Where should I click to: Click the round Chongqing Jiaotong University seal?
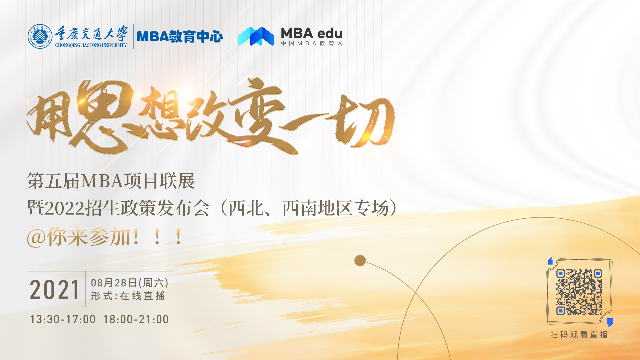click(40, 36)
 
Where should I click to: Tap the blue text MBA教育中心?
click(180, 37)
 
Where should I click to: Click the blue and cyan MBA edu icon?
click(256, 36)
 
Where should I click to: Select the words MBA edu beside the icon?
click(312, 33)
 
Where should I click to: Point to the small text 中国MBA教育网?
click(312, 43)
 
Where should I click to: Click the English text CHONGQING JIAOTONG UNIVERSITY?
click(91, 45)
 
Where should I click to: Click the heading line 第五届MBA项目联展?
click(111, 181)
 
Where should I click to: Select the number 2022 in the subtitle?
click(65, 209)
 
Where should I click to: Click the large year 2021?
click(55, 290)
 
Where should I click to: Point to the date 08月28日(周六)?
click(130, 283)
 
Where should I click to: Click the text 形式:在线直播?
click(128, 296)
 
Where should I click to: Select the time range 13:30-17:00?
click(63, 319)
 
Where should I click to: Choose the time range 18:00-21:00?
click(136, 319)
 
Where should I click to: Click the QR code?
click(579, 292)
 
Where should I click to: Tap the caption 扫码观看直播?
click(579, 335)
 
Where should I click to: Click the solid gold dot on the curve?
click(360, 260)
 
